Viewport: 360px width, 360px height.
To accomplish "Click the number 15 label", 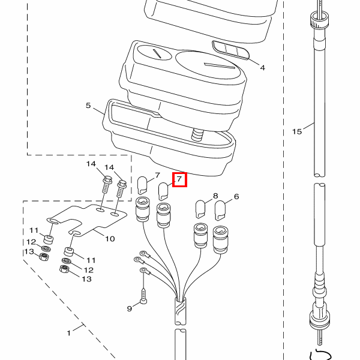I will [296, 131].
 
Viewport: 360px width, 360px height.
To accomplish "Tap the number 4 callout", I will [262, 68].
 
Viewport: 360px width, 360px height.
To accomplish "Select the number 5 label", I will [88, 106].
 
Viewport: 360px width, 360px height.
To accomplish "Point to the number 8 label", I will [216, 196].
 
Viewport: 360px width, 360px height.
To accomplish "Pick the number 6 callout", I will [236, 196].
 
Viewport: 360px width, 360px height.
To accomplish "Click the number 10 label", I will [110, 239].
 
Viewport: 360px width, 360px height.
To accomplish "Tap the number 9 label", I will [129, 308].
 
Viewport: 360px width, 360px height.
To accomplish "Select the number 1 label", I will [68, 332].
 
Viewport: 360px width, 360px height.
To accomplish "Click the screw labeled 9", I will [144, 296].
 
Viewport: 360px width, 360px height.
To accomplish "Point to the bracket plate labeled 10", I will [90, 220].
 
